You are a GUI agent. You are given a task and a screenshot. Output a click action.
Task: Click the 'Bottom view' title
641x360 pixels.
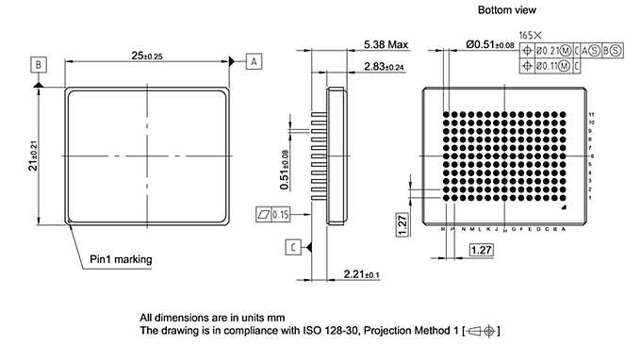(x=506, y=9)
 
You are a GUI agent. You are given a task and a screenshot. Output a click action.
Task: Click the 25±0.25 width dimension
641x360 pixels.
(x=146, y=57)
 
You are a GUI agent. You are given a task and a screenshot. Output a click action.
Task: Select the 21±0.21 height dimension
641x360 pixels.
(x=34, y=155)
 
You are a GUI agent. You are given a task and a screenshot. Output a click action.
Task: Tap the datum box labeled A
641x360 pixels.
(x=255, y=61)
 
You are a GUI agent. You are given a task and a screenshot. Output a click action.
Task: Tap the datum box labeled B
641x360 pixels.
(x=38, y=64)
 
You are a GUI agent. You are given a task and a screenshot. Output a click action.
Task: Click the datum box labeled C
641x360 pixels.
(x=295, y=247)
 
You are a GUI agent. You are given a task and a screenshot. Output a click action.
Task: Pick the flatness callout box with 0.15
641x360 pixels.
(x=272, y=214)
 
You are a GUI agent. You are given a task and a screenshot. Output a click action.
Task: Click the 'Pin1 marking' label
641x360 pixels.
(x=121, y=258)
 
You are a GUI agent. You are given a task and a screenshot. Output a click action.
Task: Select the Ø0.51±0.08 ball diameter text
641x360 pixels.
(x=489, y=45)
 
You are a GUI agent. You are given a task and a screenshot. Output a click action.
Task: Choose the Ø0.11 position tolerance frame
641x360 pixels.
(x=551, y=64)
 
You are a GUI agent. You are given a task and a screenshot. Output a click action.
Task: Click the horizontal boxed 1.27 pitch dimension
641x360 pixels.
(x=481, y=249)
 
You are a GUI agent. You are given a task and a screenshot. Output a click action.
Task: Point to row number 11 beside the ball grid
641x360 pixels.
(x=591, y=114)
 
